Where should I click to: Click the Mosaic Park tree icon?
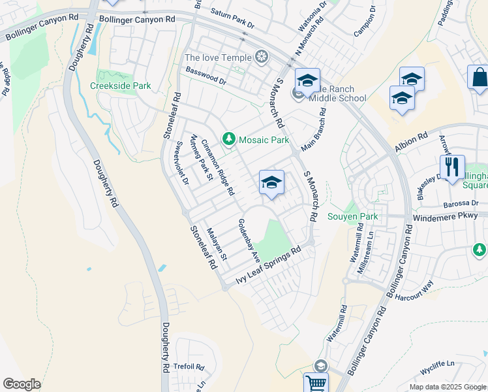tap(228, 139)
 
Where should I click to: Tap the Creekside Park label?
tap(121, 86)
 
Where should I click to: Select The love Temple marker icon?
tap(262, 57)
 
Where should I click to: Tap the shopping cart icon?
tap(316, 384)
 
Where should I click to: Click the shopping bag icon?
tap(479, 77)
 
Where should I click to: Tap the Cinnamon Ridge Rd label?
tap(217, 168)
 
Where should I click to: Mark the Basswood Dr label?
tap(206, 76)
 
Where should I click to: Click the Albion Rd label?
tap(411, 142)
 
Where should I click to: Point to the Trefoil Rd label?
tap(189, 367)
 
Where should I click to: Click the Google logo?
tap(22, 384)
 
